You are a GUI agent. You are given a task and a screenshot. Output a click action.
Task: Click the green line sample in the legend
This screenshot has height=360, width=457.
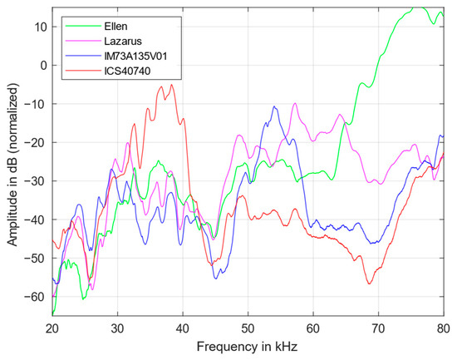pos(77,24)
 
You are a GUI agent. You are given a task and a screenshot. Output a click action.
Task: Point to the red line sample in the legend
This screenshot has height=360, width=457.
pos(77,72)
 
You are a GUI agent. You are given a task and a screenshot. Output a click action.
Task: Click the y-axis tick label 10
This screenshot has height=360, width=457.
pos(38,27)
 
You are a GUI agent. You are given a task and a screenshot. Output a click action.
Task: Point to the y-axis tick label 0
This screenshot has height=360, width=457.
pos(41,65)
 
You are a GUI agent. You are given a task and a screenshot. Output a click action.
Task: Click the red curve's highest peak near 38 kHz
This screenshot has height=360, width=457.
pos(172,85)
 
